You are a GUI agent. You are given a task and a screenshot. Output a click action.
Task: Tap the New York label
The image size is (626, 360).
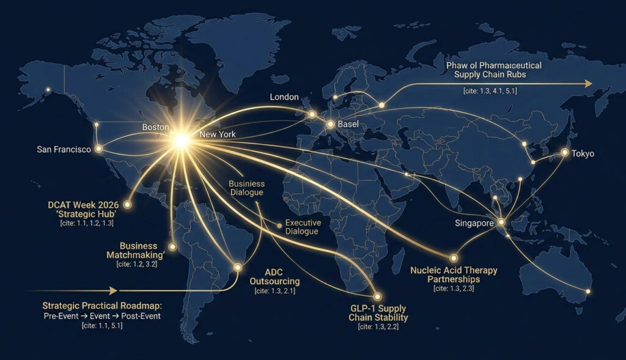click(x=217, y=134)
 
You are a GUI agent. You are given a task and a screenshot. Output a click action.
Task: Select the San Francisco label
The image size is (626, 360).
click(x=64, y=149)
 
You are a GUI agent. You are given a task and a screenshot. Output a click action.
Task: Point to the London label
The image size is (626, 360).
click(x=284, y=97)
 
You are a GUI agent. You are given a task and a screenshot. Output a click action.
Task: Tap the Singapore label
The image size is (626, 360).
click(x=474, y=224)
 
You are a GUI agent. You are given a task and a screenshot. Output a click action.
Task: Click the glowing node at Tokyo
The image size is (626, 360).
click(x=565, y=152)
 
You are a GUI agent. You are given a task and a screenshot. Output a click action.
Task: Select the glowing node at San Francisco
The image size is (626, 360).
click(x=98, y=149)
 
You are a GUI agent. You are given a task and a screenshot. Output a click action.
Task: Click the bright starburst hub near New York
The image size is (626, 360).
click(x=181, y=140)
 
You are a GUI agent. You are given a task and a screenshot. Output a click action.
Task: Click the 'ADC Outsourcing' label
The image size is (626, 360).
click(x=274, y=276)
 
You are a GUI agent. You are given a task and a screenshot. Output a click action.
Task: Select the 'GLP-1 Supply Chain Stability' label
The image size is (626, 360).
click(x=378, y=313)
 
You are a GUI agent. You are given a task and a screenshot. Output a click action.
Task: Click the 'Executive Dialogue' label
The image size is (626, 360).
click(x=302, y=227)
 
